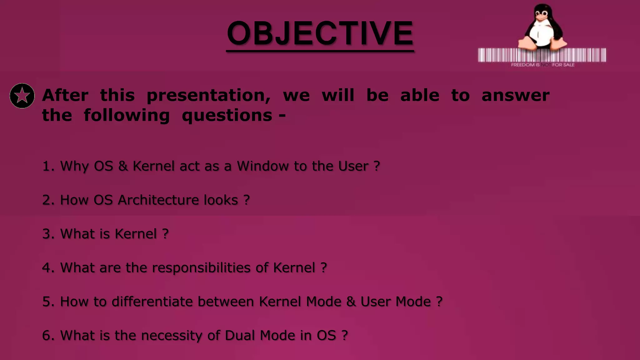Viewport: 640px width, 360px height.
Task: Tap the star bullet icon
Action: (x=22, y=96)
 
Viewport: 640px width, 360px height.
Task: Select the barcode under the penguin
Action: (x=542, y=55)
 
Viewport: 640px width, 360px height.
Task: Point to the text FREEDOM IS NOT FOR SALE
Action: (x=542, y=65)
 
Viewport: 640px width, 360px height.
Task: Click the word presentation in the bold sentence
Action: (x=208, y=96)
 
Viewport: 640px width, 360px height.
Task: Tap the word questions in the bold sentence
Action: (x=227, y=116)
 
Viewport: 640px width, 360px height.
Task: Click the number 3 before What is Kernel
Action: (x=46, y=234)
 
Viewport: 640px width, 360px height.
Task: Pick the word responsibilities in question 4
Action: (x=201, y=268)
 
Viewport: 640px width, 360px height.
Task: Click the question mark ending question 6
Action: (x=344, y=336)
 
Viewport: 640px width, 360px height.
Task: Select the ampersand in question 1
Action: (x=123, y=166)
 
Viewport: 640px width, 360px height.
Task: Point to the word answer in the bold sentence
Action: (x=515, y=96)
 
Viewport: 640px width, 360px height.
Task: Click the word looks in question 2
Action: (x=221, y=200)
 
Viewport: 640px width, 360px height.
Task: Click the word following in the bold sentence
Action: (x=127, y=116)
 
